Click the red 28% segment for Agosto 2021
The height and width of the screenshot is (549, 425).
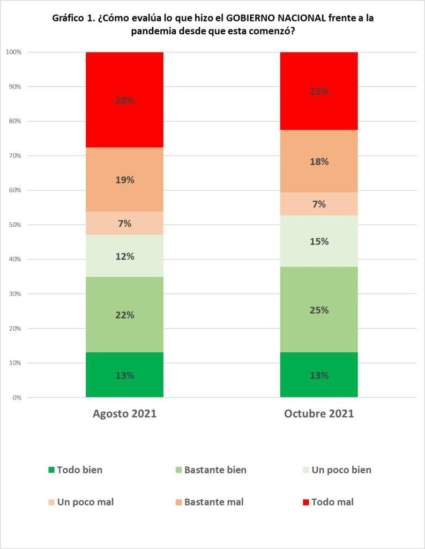[124, 100]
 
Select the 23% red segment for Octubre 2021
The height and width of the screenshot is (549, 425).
[319, 91]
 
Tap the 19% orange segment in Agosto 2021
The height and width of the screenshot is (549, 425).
[124, 180]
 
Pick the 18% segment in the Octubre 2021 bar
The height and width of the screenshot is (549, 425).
[319, 161]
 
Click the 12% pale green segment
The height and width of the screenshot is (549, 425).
[124, 256]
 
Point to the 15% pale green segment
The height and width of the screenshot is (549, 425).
[319, 241]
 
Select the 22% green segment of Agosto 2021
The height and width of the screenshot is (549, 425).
[124, 315]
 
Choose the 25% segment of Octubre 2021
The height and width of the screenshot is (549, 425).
[319, 310]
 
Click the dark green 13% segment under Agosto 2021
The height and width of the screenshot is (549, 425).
[124, 375]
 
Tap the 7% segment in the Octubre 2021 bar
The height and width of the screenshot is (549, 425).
[319, 204]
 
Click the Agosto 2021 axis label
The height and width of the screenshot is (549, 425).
[124, 414]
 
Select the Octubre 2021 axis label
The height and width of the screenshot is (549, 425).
[319, 414]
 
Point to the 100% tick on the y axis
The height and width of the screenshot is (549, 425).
[13, 52]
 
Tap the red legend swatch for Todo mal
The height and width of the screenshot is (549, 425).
[306, 502]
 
